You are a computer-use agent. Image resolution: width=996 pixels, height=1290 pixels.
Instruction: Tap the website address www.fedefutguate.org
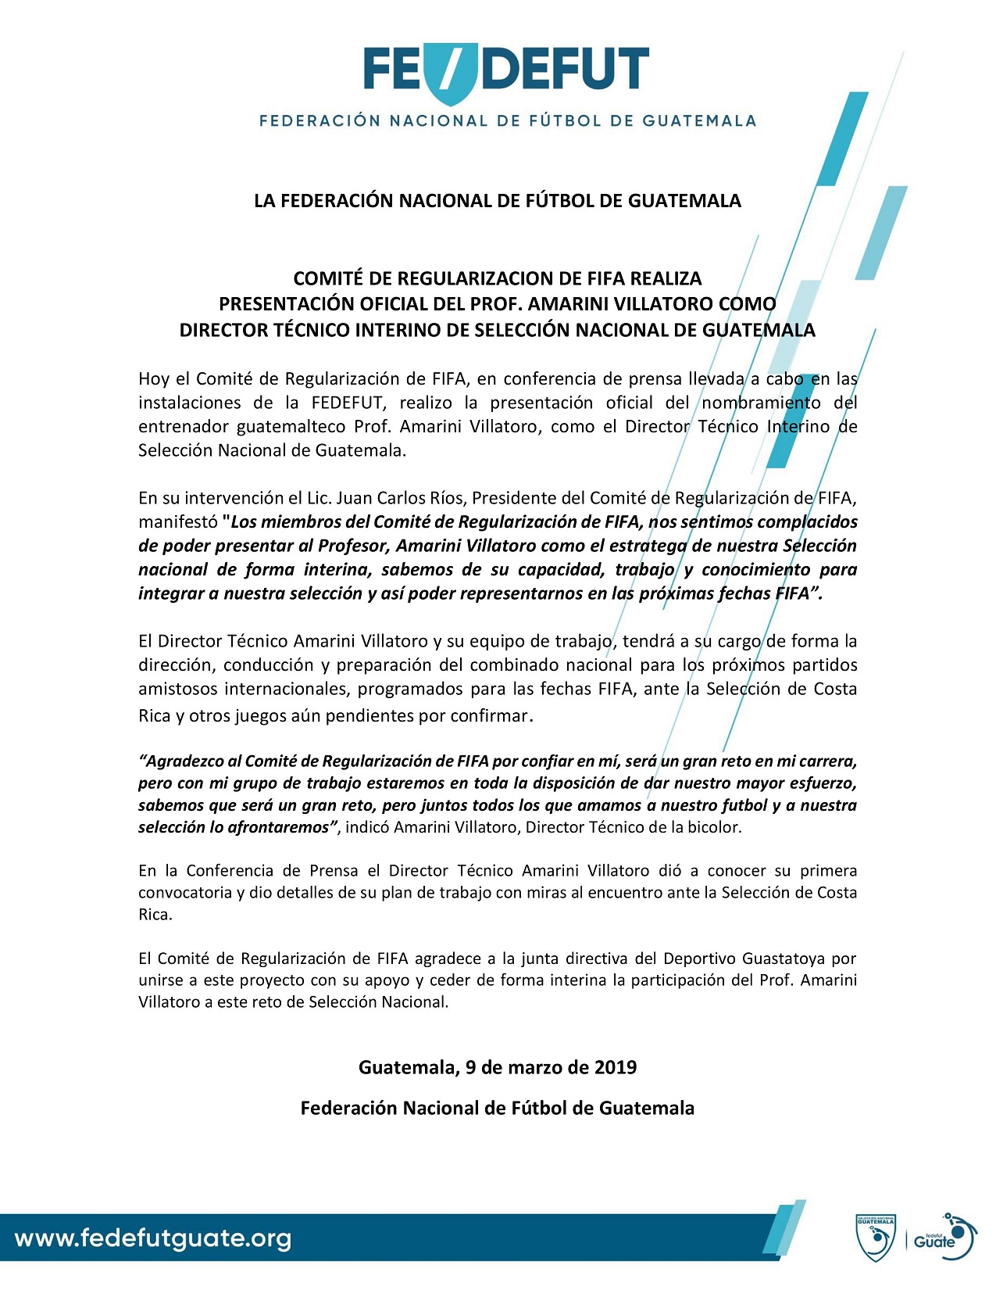(153, 1238)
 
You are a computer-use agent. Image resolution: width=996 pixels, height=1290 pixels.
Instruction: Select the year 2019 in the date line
(615, 1066)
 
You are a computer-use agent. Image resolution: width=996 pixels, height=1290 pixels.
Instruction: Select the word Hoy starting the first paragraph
(154, 379)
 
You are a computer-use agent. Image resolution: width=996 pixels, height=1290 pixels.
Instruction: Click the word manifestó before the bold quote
(177, 521)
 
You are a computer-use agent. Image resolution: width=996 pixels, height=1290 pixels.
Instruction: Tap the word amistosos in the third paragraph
(177, 689)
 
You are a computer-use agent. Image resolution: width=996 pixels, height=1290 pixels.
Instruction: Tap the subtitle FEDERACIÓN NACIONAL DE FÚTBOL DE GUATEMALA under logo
(508, 121)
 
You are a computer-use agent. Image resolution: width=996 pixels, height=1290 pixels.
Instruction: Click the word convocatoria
(185, 892)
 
